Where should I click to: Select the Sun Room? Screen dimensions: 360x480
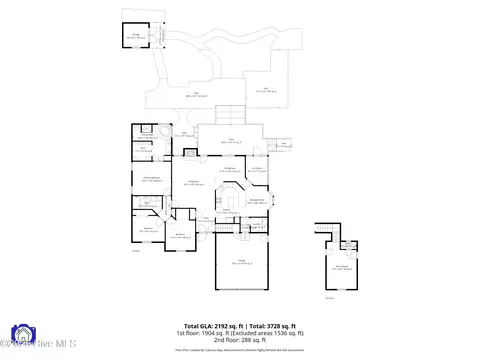click(257, 171)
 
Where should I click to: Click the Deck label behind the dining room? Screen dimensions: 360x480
click(229, 140)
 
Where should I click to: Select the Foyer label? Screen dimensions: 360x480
click(203, 218)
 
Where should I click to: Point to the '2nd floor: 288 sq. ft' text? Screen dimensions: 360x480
click(240, 339)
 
